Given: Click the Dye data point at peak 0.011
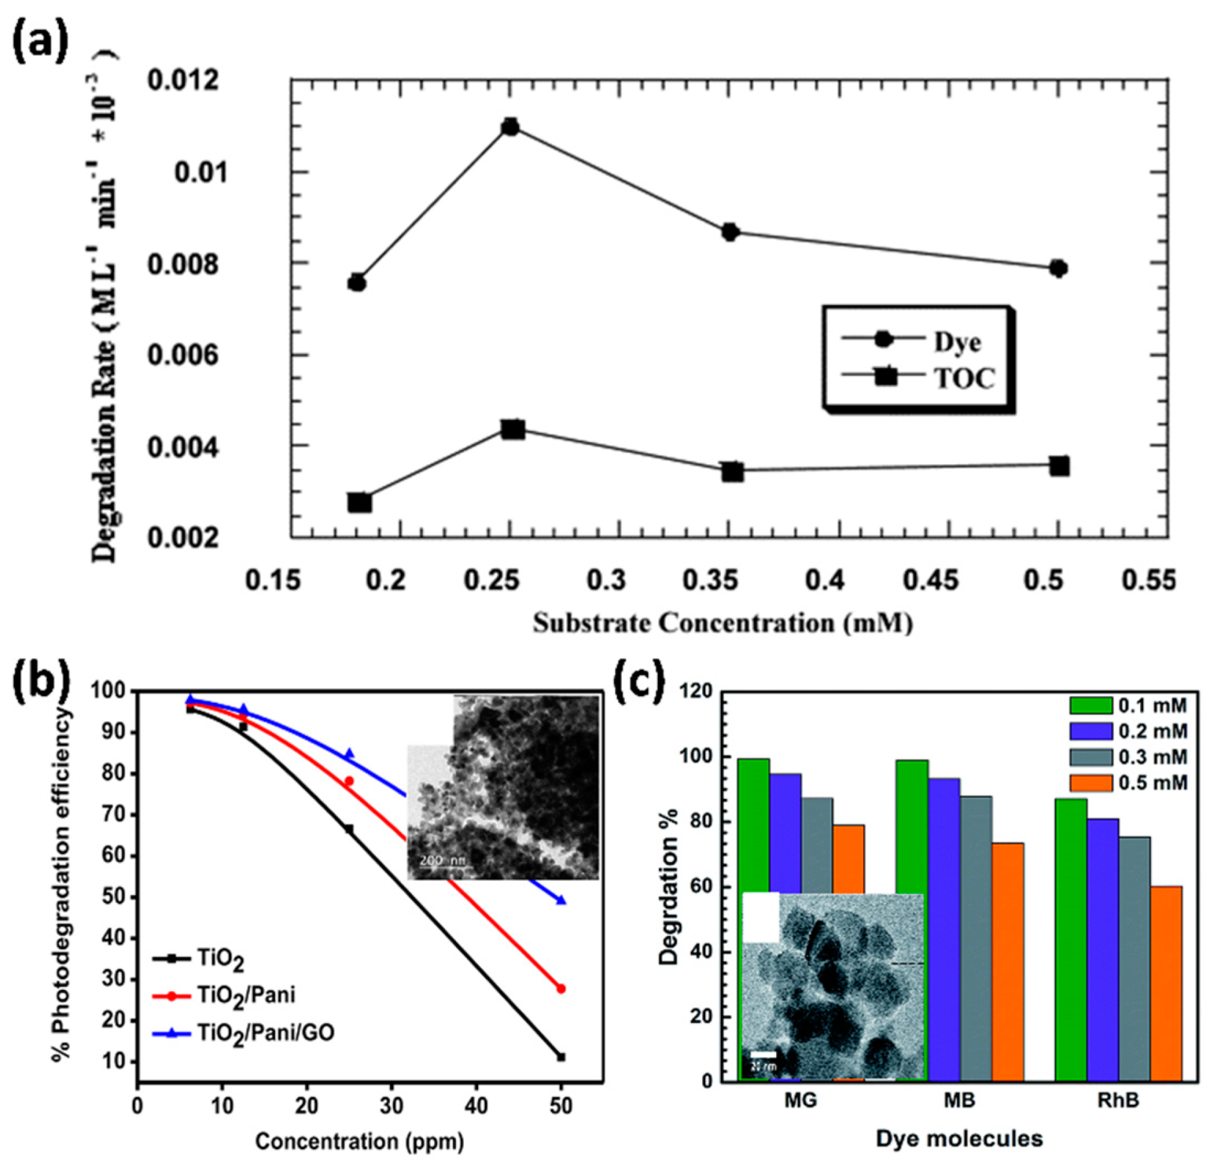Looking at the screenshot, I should click(511, 127).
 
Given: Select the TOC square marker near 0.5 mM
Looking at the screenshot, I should click(1059, 466).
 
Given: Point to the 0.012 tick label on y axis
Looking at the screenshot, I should click(183, 82).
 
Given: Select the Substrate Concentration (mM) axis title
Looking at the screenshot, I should click(723, 624).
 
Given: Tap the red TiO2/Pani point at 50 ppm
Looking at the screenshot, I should click(561, 989).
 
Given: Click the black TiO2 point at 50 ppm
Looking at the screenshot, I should click(561, 1057).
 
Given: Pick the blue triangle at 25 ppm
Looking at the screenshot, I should click(349, 754).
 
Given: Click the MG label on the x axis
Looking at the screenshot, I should click(801, 1101).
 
